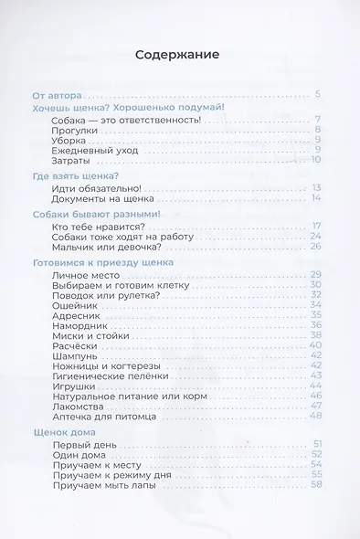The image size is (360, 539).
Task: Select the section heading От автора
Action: pyautogui.click(x=57, y=94)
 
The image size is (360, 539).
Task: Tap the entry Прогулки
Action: pyautogui.click(x=74, y=130)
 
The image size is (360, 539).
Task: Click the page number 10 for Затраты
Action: pyautogui.click(x=316, y=160)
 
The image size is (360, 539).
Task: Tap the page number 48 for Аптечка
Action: pyautogui.click(x=316, y=416)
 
